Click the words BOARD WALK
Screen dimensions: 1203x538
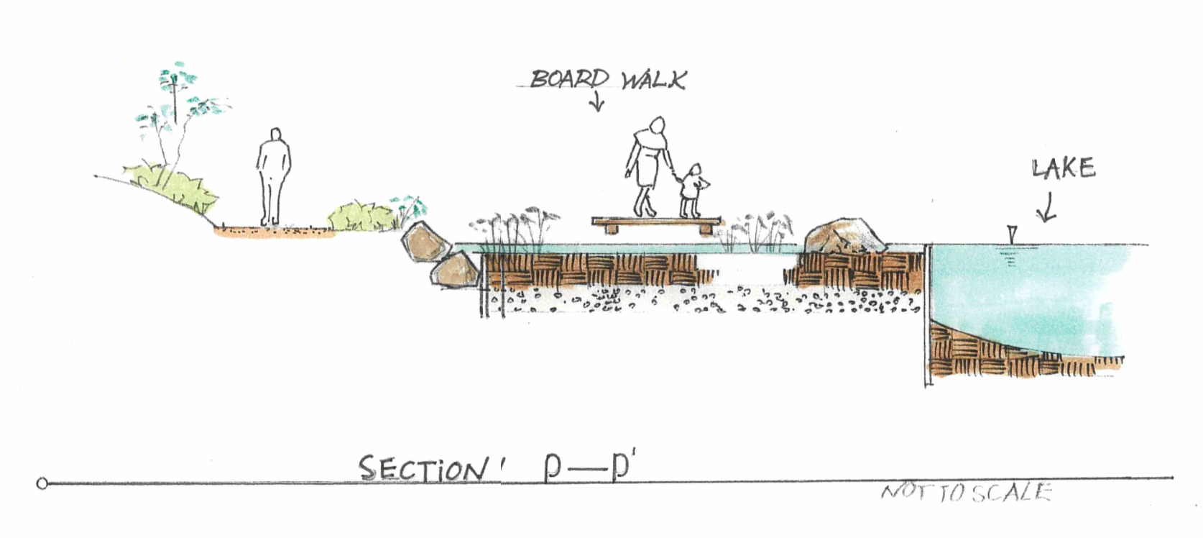[607, 78]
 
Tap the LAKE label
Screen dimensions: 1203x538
[1064, 169]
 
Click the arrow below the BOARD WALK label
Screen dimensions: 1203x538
[596, 104]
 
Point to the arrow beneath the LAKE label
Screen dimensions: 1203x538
[1046, 207]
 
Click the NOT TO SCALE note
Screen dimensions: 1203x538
[967, 493]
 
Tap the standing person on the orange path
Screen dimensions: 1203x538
[274, 177]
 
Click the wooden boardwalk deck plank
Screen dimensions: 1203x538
[655, 222]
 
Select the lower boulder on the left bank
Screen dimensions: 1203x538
[454, 271]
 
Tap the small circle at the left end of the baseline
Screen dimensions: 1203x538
[42, 483]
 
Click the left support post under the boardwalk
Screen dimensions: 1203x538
[611, 229]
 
